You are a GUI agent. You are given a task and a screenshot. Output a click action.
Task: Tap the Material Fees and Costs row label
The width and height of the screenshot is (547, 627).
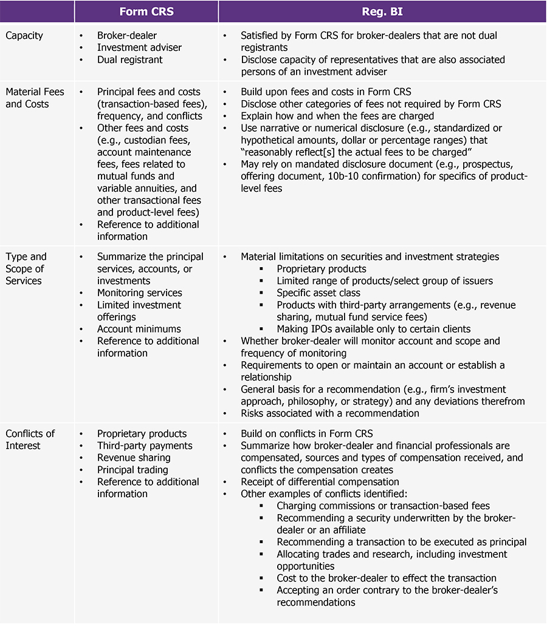35,98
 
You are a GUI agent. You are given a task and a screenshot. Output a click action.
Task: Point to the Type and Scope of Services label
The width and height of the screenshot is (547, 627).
26,268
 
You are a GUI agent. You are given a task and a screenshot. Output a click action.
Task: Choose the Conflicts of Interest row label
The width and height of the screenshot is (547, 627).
30,439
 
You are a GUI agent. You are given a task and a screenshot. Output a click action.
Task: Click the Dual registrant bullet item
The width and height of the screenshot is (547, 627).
129,59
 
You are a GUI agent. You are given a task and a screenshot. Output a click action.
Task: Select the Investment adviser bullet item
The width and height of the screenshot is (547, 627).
139,47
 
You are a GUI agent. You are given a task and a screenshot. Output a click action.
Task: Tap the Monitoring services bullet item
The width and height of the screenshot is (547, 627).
139,293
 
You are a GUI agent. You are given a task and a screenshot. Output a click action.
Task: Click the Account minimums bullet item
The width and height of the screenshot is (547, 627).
139,329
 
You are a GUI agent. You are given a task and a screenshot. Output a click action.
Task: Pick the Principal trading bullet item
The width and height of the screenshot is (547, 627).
132,470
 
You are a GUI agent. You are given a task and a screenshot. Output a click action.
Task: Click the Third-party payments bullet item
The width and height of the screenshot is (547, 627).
145,446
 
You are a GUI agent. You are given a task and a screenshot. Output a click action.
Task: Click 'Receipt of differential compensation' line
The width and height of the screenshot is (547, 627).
320,482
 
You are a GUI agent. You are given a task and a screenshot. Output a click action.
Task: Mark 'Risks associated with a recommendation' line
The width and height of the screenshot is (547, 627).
330,413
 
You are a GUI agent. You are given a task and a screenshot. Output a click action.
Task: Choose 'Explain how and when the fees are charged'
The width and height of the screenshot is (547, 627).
337,116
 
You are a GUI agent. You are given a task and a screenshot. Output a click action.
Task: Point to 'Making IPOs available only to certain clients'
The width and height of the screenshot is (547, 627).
373,329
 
